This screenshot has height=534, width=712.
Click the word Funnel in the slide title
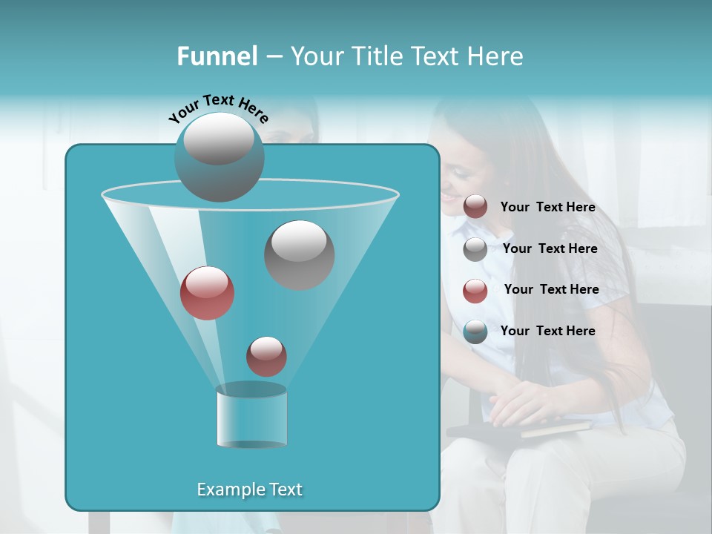click(x=217, y=56)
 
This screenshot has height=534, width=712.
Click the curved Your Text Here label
click(x=219, y=108)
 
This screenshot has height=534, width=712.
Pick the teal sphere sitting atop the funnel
click(x=219, y=157)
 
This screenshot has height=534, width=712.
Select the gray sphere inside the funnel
click(x=299, y=254)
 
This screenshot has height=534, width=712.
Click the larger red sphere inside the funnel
click(x=207, y=293)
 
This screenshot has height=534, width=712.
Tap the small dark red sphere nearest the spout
click(x=266, y=356)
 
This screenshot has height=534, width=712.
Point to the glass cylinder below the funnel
click(x=251, y=417)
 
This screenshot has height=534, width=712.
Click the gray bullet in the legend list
click(x=475, y=249)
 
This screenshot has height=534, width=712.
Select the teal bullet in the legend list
click(x=475, y=332)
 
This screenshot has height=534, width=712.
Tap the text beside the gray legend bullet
click(x=550, y=248)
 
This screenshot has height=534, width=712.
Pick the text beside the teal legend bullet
click(x=547, y=331)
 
